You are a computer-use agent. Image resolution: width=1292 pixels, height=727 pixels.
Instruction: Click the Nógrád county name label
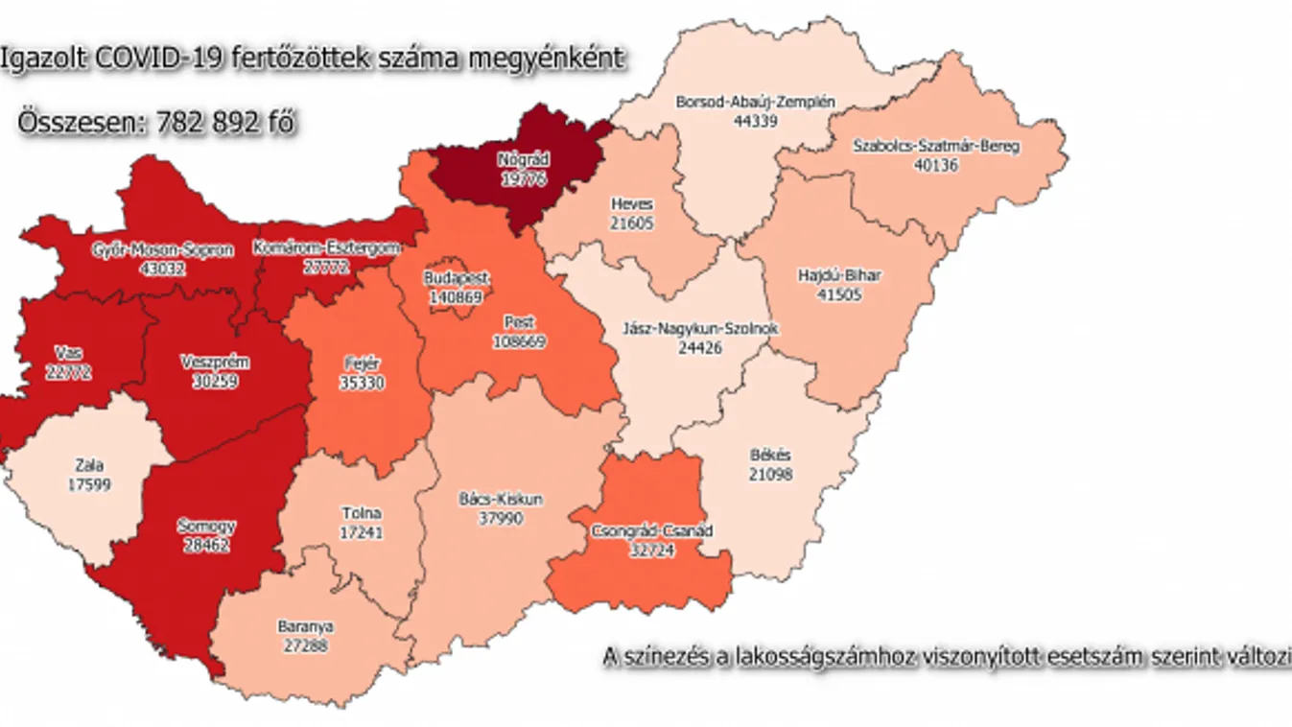(523, 158)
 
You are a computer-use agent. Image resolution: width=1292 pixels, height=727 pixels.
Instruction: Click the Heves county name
(631, 204)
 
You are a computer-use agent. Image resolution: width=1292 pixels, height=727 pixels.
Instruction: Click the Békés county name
(770, 456)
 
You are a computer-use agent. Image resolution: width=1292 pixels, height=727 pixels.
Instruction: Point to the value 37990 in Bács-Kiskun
(501, 517)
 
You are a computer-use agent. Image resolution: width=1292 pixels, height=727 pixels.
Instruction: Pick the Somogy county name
(206, 526)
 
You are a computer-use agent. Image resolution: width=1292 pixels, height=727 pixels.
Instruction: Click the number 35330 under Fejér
(362, 382)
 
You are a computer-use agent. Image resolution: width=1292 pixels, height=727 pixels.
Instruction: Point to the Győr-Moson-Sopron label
(162, 251)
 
